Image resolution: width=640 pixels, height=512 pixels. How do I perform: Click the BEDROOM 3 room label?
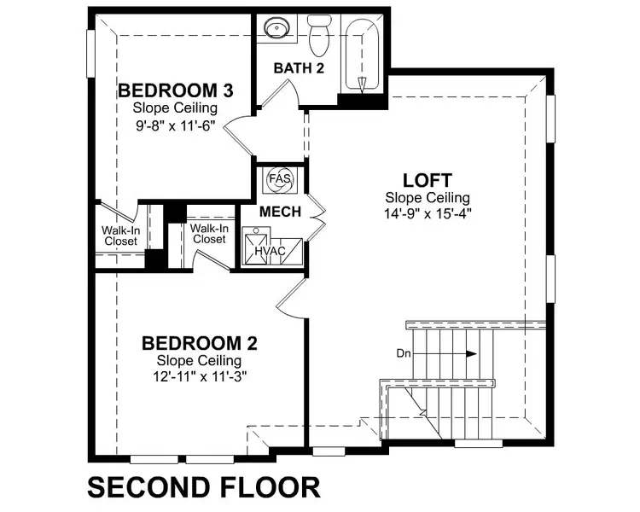pos(176,90)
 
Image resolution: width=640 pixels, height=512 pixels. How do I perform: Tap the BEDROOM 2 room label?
pos(199,343)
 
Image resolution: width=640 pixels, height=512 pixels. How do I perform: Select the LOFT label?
pos(428,180)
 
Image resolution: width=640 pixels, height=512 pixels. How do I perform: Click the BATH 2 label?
pos(299,68)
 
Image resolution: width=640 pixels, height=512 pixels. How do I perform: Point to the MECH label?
pos(280,212)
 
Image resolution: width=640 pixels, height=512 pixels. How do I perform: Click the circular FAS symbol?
pos(279,180)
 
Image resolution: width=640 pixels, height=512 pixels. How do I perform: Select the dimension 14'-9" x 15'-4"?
pos(428,213)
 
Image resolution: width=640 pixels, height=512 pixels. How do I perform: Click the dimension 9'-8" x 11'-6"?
pos(175,125)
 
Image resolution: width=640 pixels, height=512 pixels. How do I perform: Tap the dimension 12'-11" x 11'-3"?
pos(199,375)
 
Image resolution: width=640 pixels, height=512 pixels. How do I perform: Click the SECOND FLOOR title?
pos(204,487)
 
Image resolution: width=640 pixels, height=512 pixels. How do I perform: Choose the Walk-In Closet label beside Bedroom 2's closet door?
pos(208,234)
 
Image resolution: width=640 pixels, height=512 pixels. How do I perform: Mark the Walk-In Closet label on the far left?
pos(120,236)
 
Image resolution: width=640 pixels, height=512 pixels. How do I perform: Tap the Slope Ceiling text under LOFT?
pos(428,197)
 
